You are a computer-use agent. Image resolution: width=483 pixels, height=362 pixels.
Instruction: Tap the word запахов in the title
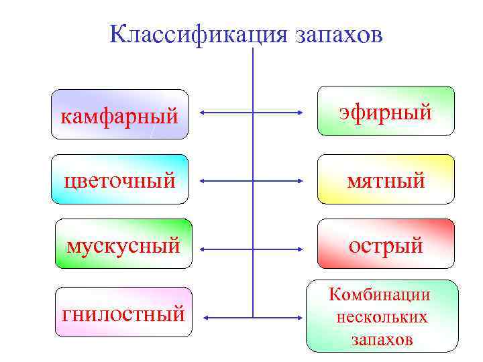(339, 35)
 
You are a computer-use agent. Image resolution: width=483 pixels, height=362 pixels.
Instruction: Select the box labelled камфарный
(120, 115)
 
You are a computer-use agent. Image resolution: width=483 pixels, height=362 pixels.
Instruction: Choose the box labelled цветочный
(120, 179)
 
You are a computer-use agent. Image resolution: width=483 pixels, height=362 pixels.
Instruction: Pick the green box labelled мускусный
(123, 244)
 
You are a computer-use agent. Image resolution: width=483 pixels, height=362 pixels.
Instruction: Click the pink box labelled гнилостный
(123, 312)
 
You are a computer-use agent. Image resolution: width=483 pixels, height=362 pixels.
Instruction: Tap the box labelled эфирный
(385, 111)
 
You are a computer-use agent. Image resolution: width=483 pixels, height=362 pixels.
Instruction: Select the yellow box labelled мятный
(385, 179)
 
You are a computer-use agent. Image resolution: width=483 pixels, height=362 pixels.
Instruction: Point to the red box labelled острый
(385, 244)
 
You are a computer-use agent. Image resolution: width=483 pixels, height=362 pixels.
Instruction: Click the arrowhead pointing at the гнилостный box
(205, 316)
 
